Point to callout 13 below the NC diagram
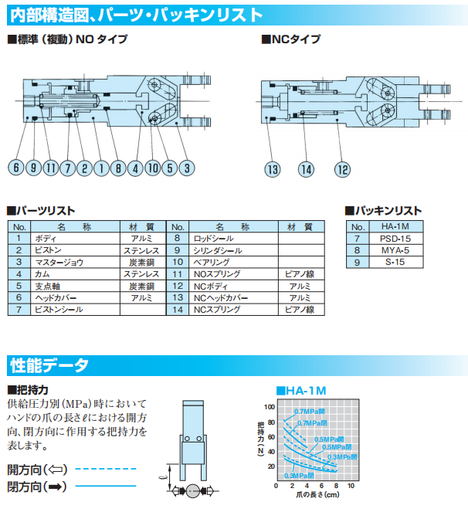click(273, 169)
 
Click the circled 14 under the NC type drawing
click(307, 169)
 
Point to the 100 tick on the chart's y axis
click(269, 406)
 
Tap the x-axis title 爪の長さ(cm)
click(314, 496)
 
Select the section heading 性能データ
click(49, 365)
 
